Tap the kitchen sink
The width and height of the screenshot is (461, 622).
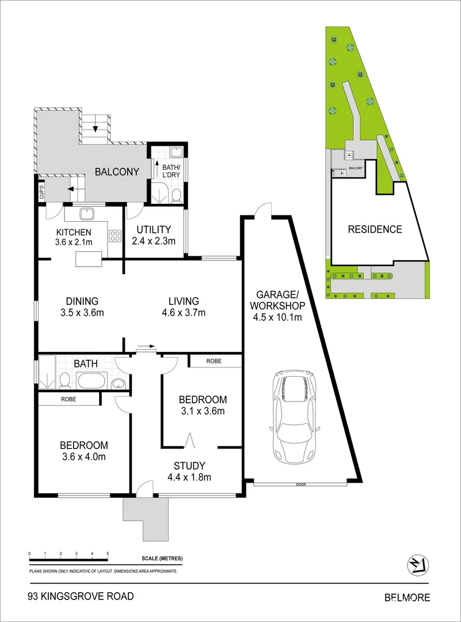click(x=87, y=214)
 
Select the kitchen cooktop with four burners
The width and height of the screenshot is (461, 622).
click(x=115, y=236)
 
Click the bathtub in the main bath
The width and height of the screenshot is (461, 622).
click(x=91, y=381)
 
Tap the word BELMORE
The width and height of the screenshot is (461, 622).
click(x=407, y=597)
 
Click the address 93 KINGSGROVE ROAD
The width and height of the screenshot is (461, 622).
click(x=81, y=596)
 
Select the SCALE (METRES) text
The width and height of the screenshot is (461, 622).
click(x=162, y=559)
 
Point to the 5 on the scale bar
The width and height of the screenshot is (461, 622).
click(x=108, y=553)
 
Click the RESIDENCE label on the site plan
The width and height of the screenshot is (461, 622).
click(x=375, y=229)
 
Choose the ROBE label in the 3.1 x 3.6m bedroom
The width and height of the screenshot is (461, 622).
click(x=214, y=361)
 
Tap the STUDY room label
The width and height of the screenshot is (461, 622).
click(x=189, y=466)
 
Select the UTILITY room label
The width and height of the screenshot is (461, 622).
click(x=154, y=229)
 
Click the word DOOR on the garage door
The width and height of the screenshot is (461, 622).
click(x=301, y=484)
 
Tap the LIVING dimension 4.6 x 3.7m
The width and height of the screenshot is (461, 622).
click(x=184, y=313)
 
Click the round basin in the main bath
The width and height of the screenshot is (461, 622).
click(x=118, y=384)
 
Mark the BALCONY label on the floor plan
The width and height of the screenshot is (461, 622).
click(x=117, y=172)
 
